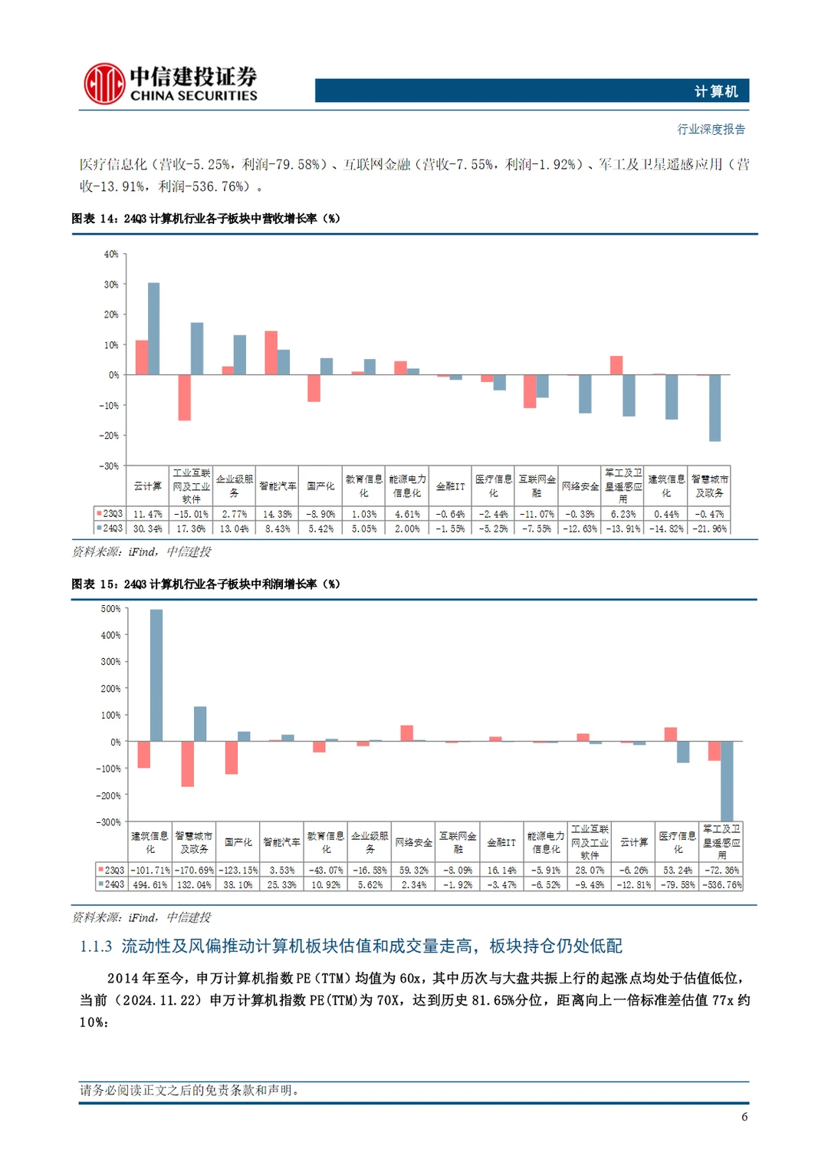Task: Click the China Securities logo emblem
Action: pos(104,84)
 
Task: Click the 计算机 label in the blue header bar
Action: pos(715,91)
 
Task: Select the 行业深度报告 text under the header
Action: pos(711,129)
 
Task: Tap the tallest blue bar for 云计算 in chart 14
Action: pos(153,328)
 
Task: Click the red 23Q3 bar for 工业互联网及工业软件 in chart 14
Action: pos(184,397)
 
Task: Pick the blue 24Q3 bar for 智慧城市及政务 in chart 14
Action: pos(715,408)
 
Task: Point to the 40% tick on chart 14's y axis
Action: pos(111,254)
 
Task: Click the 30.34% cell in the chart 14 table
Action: pos(147,528)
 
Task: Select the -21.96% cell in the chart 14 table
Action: pos(709,528)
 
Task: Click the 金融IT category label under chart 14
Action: pos(450,486)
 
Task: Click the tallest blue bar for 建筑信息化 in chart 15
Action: pos(156,675)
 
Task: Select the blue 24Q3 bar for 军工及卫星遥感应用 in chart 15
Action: pos(727,781)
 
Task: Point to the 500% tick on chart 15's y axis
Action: pos(111,609)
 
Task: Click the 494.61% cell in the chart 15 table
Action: pos(150,884)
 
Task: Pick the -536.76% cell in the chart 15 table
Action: pos(721,884)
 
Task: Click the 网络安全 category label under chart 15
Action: pos(414,842)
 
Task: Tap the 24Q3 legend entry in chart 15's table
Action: pos(110,884)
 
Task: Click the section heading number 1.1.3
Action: pos(96,946)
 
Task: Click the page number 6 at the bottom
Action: pos(744,1117)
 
